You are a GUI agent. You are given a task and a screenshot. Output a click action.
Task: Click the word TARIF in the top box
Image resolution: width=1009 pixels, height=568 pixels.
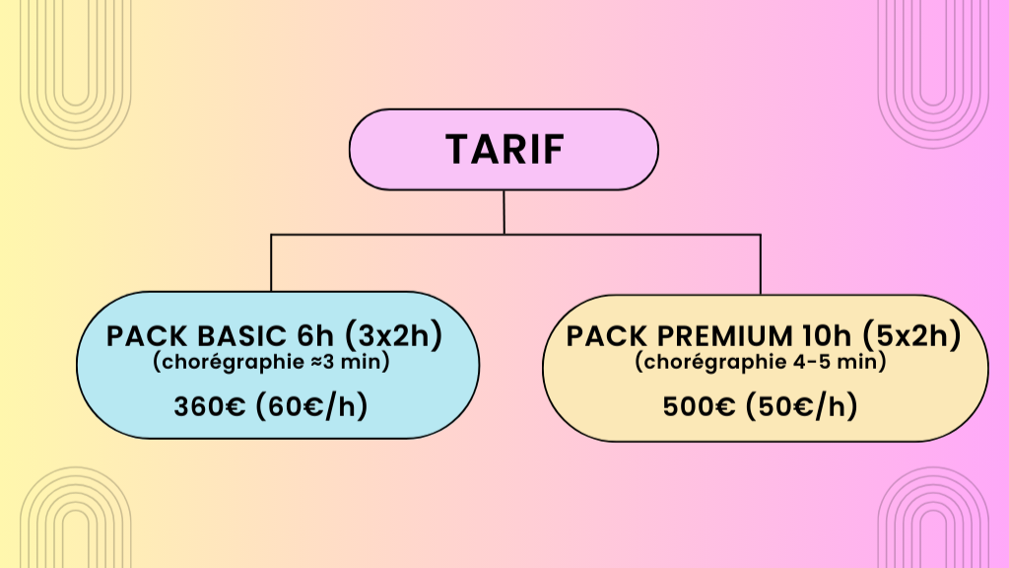[x=504, y=149]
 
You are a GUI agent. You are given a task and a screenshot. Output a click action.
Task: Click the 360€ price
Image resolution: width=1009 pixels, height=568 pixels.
[x=209, y=405]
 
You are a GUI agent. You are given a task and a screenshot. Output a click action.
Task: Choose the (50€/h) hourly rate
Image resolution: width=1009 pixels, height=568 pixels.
[x=800, y=405]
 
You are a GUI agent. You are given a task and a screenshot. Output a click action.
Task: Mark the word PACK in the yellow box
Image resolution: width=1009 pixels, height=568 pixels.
[x=599, y=336]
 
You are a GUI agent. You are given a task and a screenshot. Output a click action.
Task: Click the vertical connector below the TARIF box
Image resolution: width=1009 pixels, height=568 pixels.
[x=504, y=211]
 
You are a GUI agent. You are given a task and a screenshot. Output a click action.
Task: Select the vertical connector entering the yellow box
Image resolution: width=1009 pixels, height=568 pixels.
[x=760, y=264]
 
